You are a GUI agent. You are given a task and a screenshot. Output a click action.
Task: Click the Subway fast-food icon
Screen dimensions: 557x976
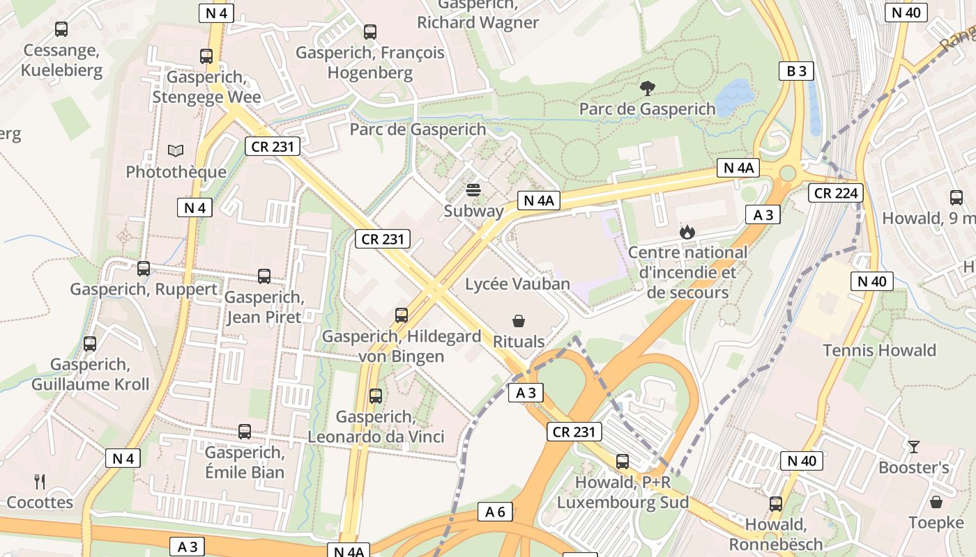point(474,190)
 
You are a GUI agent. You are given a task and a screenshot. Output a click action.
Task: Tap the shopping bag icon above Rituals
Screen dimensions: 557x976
point(519,321)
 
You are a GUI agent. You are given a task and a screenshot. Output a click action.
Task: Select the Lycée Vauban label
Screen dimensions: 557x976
point(517,284)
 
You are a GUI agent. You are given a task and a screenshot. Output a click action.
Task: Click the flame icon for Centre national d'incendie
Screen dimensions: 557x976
point(687,232)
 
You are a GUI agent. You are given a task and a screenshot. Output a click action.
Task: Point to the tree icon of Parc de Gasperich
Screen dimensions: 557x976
point(647,88)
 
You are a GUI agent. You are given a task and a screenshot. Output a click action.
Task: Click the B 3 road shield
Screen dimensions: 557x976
point(796,71)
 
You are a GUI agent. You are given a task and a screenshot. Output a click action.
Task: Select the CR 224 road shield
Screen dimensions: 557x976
point(835,193)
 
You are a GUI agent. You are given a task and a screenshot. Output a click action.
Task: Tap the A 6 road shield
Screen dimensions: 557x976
point(495,512)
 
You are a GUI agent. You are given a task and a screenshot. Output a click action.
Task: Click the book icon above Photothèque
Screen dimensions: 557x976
point(176,150)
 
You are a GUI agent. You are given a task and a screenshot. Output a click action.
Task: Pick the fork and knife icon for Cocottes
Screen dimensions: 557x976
point(40,481)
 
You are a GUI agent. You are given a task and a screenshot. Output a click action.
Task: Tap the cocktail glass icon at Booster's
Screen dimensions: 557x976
point(913,446)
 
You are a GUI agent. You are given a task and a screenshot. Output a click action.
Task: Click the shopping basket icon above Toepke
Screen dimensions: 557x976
point(936,501)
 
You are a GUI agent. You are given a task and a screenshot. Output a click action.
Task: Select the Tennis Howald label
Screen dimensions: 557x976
point(879,350)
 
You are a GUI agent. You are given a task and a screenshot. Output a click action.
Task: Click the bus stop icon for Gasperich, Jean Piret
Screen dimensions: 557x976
point(264,276)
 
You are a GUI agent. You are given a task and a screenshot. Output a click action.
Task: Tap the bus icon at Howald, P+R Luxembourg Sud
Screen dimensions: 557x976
point(623,462)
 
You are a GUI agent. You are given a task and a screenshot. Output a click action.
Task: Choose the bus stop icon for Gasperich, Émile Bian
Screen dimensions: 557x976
point(245,432)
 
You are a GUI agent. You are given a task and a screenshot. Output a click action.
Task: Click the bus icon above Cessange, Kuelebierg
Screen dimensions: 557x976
point(61,29)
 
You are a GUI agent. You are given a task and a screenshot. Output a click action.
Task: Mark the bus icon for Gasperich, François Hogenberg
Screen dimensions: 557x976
point(370,32)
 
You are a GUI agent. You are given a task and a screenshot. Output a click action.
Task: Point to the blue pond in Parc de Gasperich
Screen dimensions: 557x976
point(735,97)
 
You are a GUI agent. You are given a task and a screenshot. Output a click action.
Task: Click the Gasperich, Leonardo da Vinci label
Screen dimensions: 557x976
point(376,427)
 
